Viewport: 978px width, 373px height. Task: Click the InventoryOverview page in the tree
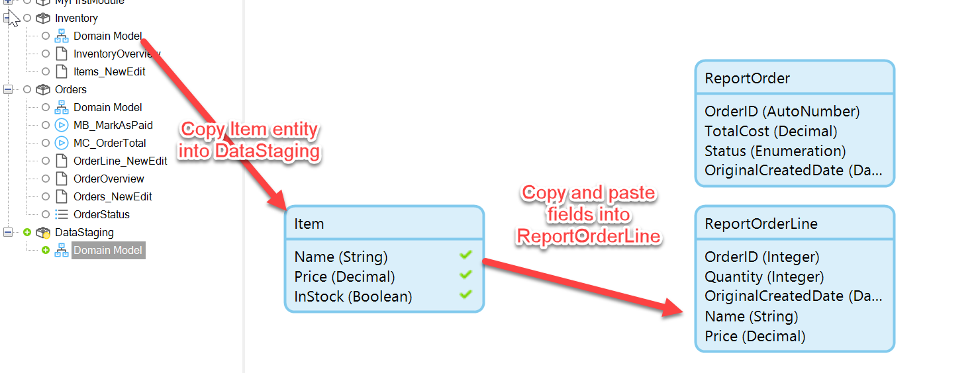pyautogui.click(x=117, y=54)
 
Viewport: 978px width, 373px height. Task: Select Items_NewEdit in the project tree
pyautogui.click(x=109, y=71)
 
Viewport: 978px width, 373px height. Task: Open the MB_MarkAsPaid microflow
pyautogui.click(x=113, y=125)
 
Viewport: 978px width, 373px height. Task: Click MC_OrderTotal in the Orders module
pyautogui.click(x=109, y=143)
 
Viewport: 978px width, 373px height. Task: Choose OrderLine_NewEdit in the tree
pyautogui.click(x=120, y=161)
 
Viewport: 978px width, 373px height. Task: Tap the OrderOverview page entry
pyautogui.click(x=109, y=179)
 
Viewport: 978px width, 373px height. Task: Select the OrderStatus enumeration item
pyautogui.click(x=101, y=214)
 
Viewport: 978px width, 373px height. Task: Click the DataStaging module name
pyautogui.click(x=84, y=232)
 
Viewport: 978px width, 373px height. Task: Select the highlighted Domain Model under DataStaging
pyautogui.click(x=108, y=251)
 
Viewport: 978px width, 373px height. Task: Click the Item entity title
pyautogui.click(x=309, y=224)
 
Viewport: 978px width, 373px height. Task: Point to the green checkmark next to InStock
pyautogui.click(x=465, y=294)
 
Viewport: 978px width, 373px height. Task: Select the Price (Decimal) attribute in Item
pyautogui.click(x=344, y=276)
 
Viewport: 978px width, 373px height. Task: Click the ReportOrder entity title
pyautogui.click(x=747, y=78)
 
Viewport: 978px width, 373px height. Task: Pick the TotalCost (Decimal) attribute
pyautogui.click(x=771, y=131)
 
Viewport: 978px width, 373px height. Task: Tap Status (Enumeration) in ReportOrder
pyautogui.click(x=775, y=151)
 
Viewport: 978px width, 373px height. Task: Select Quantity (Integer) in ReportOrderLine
pyautogui.click(x=764, y=276)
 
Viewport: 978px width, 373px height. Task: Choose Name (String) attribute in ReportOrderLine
pyautogui.click(x=751, y=316)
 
